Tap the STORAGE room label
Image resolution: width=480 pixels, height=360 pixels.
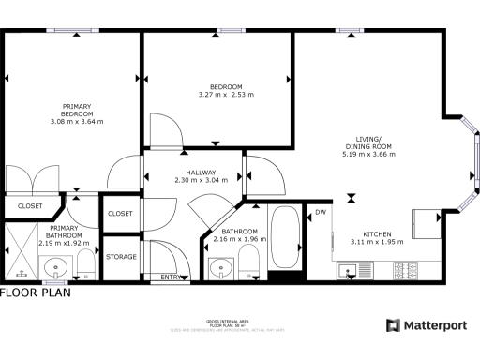point(120,256)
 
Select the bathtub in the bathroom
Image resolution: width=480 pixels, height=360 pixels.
point(284,239)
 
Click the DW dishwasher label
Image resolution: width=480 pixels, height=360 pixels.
point(321,212)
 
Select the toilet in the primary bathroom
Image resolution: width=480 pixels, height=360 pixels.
point(84,262)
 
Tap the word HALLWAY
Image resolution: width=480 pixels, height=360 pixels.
point(201,172)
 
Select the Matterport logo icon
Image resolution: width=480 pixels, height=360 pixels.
point(394,324)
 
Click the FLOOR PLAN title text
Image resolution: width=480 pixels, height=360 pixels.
point(35,292)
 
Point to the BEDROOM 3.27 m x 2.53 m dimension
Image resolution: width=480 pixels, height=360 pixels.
point(226,95)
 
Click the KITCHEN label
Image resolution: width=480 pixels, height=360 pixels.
point(377,234)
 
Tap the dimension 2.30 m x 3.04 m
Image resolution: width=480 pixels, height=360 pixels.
point(201,181)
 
